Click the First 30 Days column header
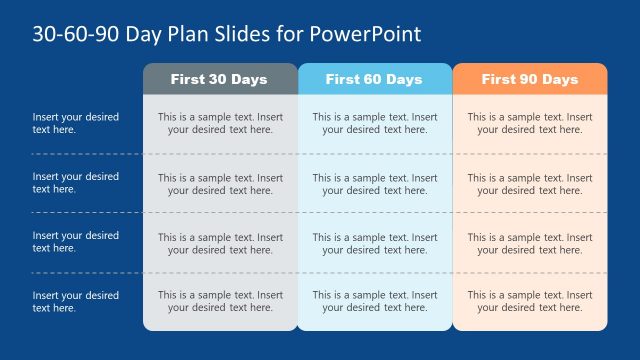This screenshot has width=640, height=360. click(x=220, y=79)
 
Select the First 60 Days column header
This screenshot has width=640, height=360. click(x=374, y=79)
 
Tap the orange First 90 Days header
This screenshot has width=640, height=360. click(x=529, y=79)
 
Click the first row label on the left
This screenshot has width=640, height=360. click(x=75, y=123)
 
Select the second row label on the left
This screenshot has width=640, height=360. click(x=75, y=183)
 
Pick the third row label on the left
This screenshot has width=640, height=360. click(x=75, y=242)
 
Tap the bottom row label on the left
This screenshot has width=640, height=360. click(x=75, y=302)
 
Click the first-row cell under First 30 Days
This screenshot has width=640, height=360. click(x=220, y=123)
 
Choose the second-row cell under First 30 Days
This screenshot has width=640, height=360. click(x=220, y=184)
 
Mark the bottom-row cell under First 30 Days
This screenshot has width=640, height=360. click(x=220, y=302)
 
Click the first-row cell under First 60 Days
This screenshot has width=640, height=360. click(x=374, y=123)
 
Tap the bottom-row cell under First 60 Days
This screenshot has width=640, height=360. click(x=374, y=302)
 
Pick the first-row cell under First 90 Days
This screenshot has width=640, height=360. click(x=529, y=123)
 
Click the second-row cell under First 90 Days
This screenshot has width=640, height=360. click(x=529, y=184)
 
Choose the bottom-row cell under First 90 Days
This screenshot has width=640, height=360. click(x=529, y=302)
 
